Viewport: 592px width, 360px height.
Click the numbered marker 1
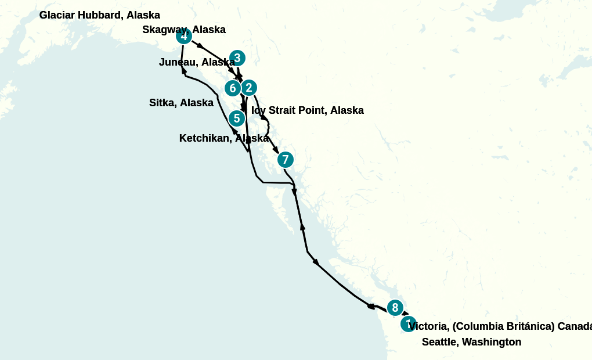[409, 324]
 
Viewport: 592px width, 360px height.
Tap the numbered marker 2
[248, 88]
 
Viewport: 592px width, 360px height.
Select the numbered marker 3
[237, 58]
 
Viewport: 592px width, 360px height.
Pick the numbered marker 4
[184, 36]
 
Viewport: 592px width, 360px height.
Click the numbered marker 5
[237, 118]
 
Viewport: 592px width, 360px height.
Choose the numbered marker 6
[233, 88]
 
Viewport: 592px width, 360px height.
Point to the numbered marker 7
[285, 159]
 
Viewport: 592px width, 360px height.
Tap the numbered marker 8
[395, 308]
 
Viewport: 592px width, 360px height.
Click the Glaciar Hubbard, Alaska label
[99, 15]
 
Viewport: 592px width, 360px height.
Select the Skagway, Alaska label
[184, 30]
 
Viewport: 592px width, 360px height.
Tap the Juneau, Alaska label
[197, 62]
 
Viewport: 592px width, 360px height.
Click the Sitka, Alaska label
[181, 103]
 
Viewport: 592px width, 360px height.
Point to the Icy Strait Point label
[308, 110]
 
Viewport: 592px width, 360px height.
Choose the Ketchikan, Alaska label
[223, 138]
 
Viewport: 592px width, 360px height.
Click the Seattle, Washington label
[471, 342]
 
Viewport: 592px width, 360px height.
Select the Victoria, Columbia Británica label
[499, 326]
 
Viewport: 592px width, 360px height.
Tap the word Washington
[492, 342]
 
